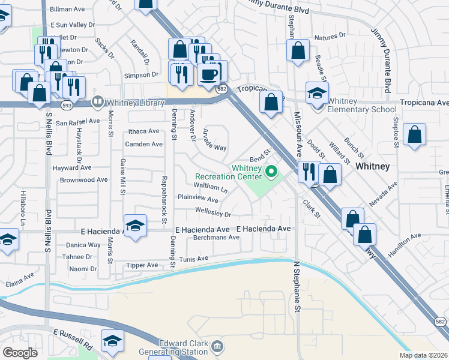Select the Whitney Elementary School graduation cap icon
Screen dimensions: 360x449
pyautogui.click(x=317, y=93)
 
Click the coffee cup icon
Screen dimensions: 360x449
pyautogui.click(x=208, y=74)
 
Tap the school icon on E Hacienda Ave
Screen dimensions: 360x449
pyautogui.click(x=135, y=226)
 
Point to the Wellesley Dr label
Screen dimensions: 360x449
pyautogui.click(x=213, y=212)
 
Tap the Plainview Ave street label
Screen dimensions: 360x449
pyautogui.click(x=197, y=198)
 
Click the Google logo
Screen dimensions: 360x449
pyautogui.click(x=20, y=353)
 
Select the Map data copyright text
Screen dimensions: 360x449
pyautogui.click(x=423, y=355)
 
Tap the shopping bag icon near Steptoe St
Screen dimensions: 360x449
pyautogui.click(x=414, y=135)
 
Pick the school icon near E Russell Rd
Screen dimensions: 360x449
pyautogui.click(x=112, y=341)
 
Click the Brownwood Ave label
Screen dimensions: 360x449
pyautogui.click(x=83, y=179)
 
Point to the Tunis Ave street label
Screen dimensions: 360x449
pyautogui.click(x=193, y=259)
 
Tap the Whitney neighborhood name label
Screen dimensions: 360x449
pyautogui.click(x=373, y=166)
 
